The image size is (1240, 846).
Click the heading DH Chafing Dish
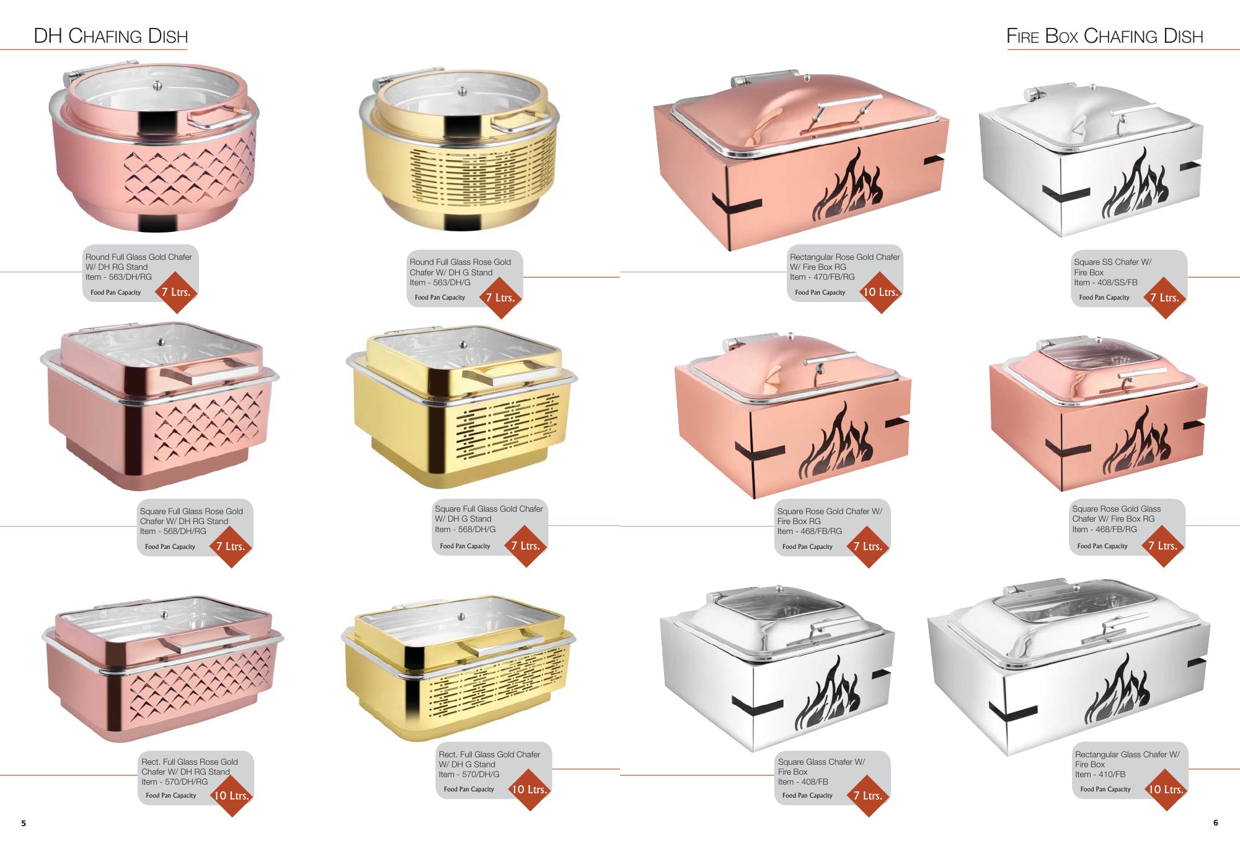click(110, 36)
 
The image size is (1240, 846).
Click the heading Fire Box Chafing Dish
click(1104, 36)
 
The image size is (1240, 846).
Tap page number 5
click(24, 823)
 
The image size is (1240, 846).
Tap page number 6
click(1215, 822)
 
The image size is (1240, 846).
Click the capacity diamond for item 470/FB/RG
click(880, 292)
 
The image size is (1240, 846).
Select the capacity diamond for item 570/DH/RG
click(231, 795)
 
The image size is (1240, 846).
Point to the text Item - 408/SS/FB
click(1105, 282)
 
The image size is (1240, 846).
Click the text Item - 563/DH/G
click(440, 282)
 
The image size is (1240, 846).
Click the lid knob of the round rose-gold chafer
click(157, 86)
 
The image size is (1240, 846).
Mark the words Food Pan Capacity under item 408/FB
click(807, 795)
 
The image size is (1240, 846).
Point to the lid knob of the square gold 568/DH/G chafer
click(463, 344)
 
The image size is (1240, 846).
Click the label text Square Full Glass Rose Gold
click(191, 511)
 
